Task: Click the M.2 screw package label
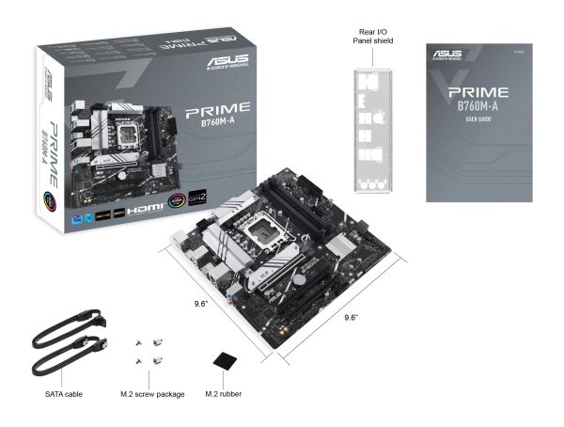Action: tap(152, 393)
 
